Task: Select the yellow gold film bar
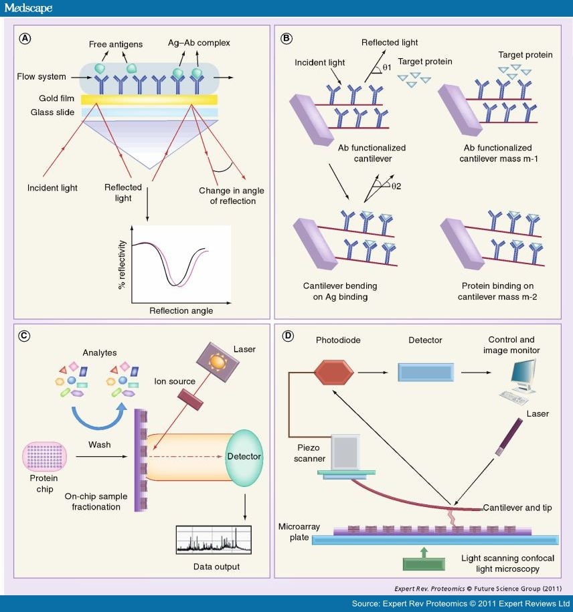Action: coord(150,99)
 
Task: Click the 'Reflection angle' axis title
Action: coord(181,310)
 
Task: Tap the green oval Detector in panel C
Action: coord(244,455)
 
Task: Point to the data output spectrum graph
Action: coord(208,540)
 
